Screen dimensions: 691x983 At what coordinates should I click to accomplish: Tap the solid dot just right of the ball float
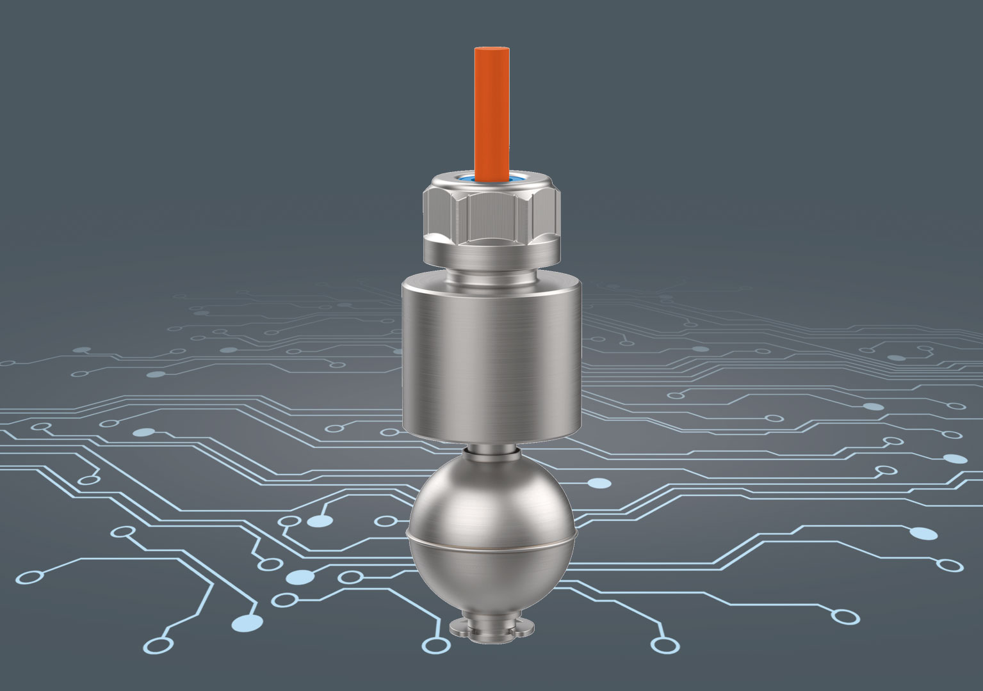pyautogui.click(x=599, y=483)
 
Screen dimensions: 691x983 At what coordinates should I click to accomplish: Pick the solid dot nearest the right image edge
pyautogui.click(x=955, y=459)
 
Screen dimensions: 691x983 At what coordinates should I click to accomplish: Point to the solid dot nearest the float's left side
pyautogui.click(x=321, y=521)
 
